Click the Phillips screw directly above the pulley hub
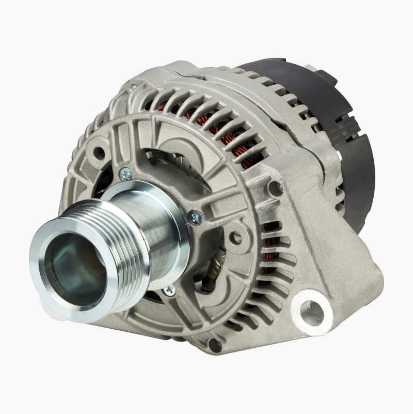[x=125, y=174]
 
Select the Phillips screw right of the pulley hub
[x=195, y=218]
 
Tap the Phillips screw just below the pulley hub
[x=169, y=291]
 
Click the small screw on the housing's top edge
[x=133, y=88]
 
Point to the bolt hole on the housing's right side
[x=275, y=189]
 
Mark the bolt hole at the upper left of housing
[x=98, y=153]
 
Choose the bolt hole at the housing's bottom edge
[x=214, y=345]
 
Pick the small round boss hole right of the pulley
[x=235, y=238]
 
